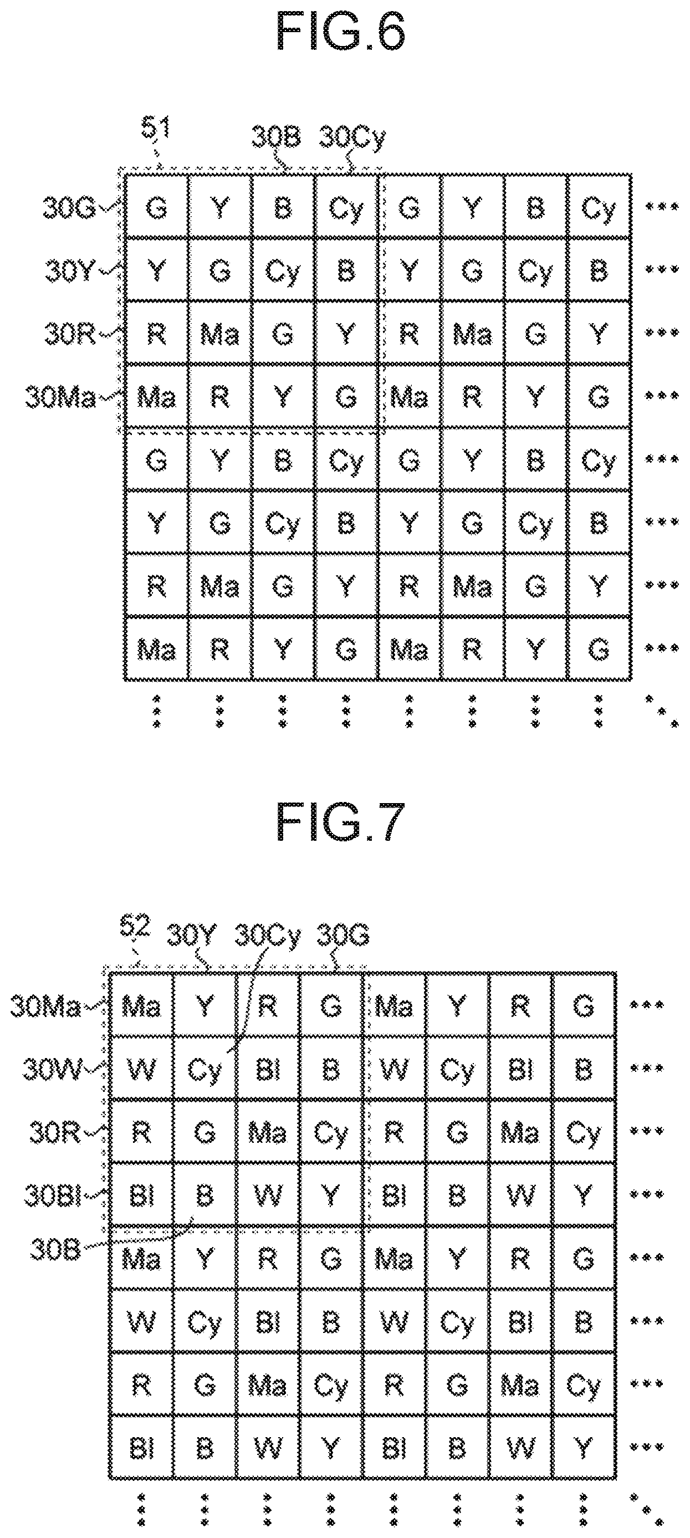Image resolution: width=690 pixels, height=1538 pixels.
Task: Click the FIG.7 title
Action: point(341,821)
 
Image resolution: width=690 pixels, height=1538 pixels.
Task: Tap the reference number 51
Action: point(155,129)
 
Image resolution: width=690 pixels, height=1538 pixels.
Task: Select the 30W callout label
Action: point(52,1069)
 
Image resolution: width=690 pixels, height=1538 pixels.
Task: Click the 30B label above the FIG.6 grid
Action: point(276,137)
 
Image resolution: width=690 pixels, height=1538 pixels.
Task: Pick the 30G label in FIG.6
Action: point(69,208)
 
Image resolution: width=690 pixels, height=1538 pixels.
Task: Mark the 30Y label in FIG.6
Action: point(70,270)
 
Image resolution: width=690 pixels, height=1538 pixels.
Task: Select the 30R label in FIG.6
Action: point(70,334)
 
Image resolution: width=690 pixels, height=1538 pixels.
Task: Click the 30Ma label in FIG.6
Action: point(60,397)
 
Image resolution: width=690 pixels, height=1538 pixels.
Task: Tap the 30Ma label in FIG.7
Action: point(45,1007)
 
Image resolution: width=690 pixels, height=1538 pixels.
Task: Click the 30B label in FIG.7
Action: point(55,1250)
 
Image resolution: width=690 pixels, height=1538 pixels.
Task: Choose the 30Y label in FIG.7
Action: point(191,935)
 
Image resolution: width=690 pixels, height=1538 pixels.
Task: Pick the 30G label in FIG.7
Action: point(343,935)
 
